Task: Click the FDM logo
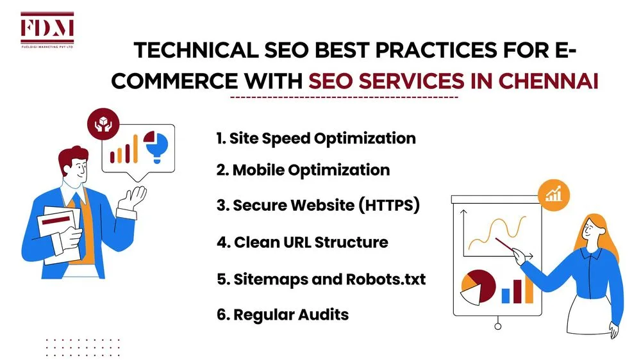coord(47,29)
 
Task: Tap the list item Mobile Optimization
coord(303,170)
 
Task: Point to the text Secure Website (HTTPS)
coord(318,206)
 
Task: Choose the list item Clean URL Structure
coord(303,242)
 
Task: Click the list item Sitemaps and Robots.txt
coord(321,279)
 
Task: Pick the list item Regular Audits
coord(283,315)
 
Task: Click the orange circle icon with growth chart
coord(552,192)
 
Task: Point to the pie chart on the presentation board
coord(478,286)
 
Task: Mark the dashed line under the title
coord(344,97)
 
